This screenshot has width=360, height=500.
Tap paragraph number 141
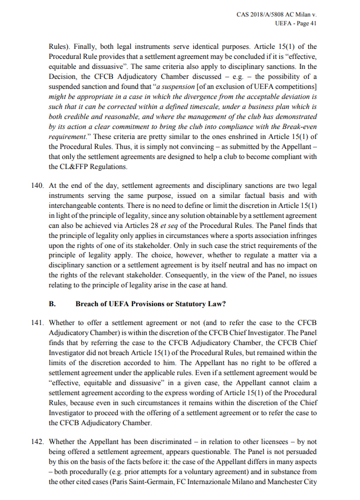37,323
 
